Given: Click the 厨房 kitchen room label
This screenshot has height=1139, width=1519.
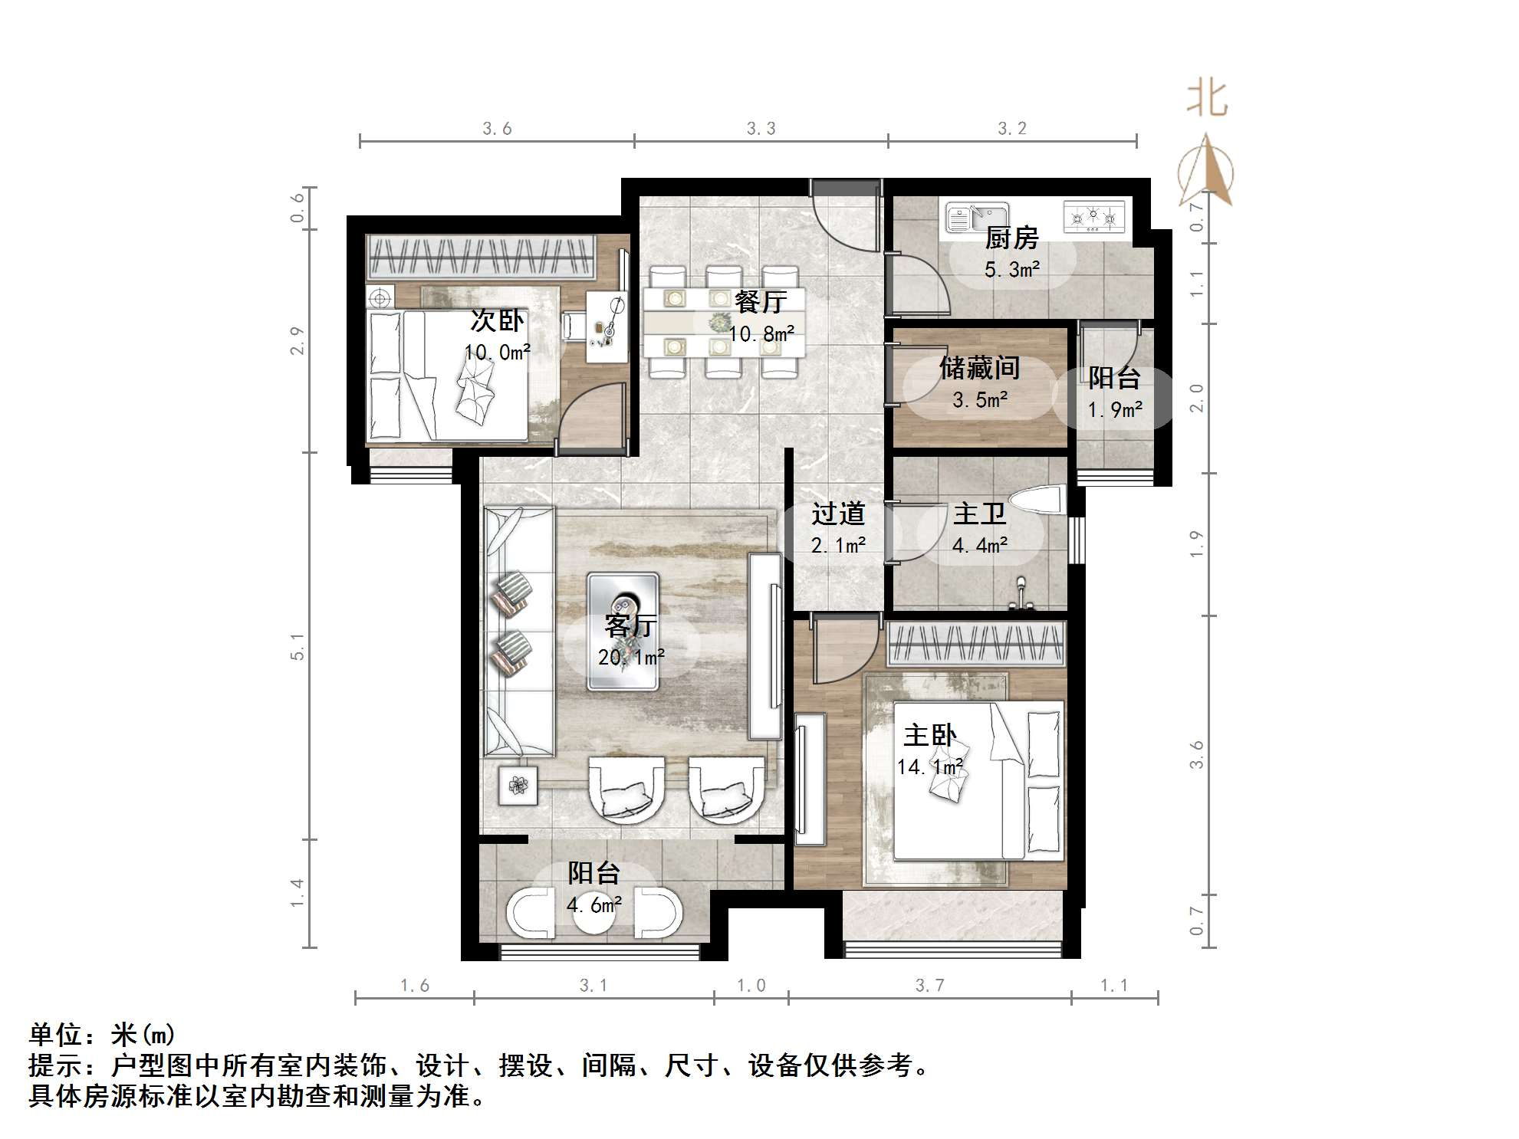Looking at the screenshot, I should [x=1011, y=238].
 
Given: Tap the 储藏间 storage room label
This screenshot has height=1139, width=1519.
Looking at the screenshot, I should [x=980, y=369].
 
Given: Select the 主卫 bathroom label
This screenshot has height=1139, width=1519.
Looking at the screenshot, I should [x=979, y=514].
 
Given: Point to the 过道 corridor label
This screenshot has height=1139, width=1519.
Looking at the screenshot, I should [x=838, y=514].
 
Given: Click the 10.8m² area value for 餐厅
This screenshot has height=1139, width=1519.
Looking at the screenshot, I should [x=761, y=334].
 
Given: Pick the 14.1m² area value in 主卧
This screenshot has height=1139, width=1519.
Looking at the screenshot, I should [x=930, y=766].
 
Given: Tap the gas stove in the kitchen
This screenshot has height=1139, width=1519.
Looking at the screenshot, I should [x=1094, y=217].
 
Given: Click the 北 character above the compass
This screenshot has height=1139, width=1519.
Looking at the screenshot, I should [x=1207, y=100].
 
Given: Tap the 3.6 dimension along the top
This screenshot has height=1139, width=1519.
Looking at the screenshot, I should [x=497, y=129].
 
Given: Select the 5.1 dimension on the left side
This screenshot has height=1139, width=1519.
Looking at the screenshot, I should [x=298, y=646].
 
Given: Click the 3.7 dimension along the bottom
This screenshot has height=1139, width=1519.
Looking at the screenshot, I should [x=929, y=986].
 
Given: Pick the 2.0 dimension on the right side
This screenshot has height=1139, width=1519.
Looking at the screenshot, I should [x=1196, y=398].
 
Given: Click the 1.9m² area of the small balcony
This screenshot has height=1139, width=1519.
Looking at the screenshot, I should [x=1115, y=410].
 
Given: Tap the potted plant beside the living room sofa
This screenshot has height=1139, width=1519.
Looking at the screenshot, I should [x=518, y=785].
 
